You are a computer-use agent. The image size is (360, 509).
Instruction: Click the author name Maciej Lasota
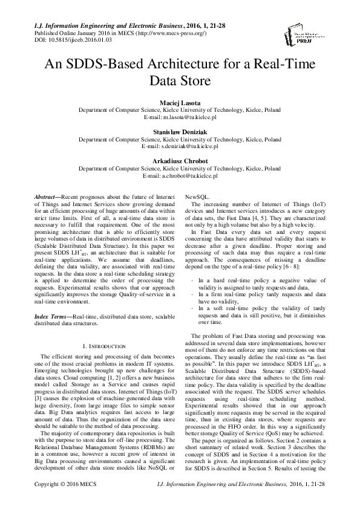pos(180,104)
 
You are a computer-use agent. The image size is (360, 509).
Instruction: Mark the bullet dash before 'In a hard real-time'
pos(192,281)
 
